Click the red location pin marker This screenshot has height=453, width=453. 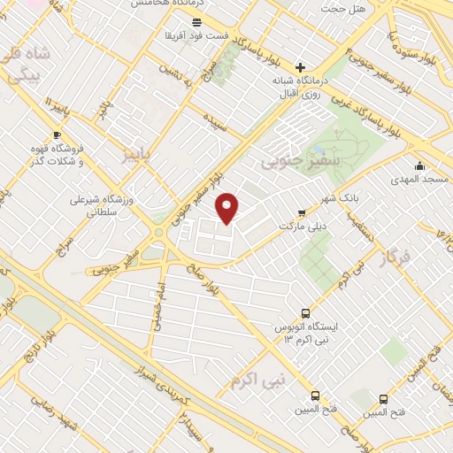[228, 208]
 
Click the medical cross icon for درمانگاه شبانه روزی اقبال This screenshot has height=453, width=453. [300, 67]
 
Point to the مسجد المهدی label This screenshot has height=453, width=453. [419, 180]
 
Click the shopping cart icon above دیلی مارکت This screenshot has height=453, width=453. [303, 212]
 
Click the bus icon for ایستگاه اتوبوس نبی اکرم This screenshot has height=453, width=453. [305, 313]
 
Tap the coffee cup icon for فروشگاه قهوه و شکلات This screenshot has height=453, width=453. [57, 135]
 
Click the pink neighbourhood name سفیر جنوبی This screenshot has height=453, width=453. [291, 163]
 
